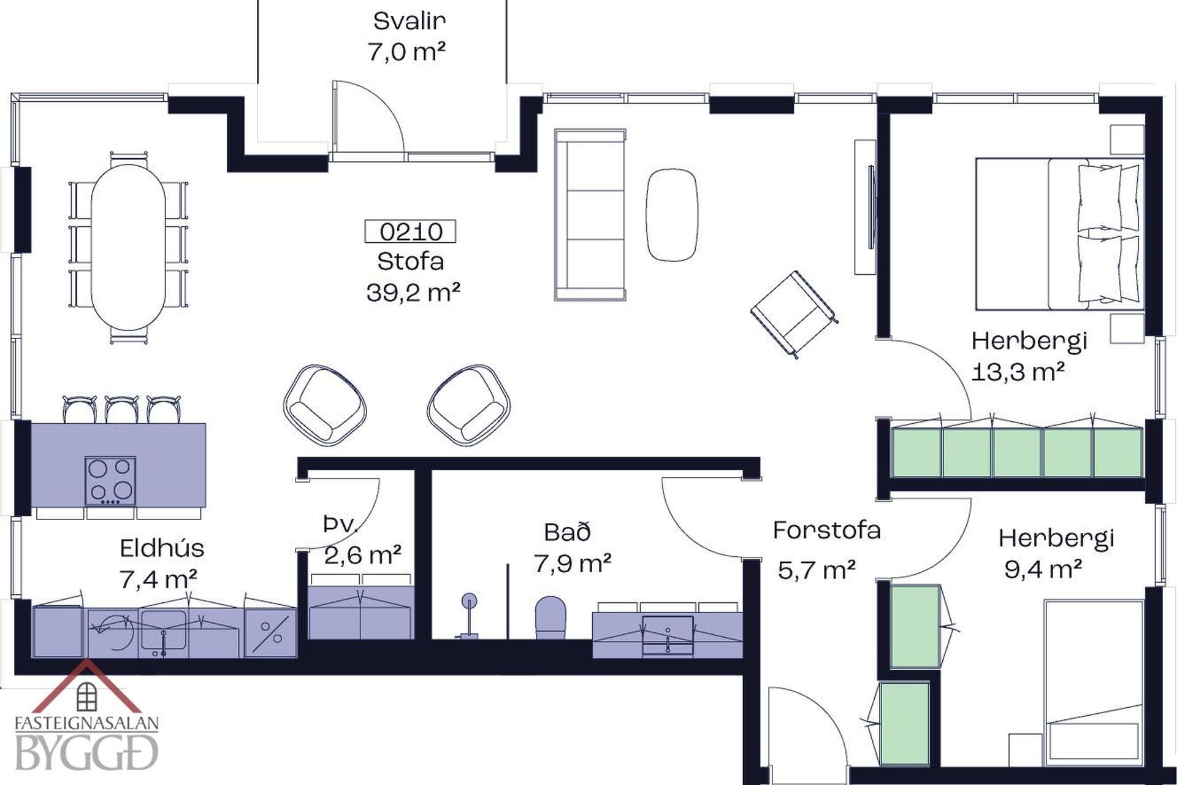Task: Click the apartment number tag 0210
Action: (x=410, y=231)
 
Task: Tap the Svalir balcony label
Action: (x=409, y=21)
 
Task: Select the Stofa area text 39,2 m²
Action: (x=413, y=293)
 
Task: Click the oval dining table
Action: (x=128, y=247)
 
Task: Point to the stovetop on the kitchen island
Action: (x=110, y=481)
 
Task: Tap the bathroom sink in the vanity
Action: (x=668, y=636)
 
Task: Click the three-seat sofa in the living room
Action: (x=590, y=215)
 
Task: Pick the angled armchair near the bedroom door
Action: (x=794, y=313)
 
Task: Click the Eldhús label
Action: (x=162, y=548)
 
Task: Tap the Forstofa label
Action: (x=826, y=530)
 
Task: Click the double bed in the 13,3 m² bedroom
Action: (x=1059, y=234)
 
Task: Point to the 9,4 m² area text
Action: (x=1042, y=569)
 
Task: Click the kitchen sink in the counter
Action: (x=163, y=630)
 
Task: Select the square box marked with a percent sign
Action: (x=270, y=633)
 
